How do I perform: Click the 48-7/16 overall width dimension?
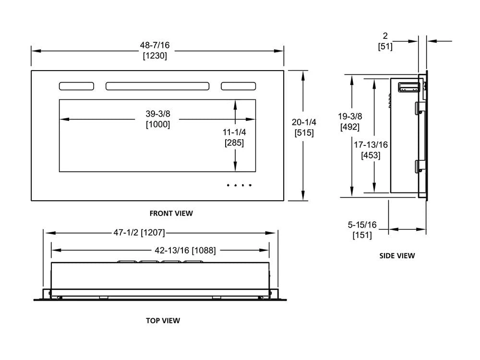(155, 45)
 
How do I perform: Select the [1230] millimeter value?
(155, 56)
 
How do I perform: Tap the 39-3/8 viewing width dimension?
(158, 114)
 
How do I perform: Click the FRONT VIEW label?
(171, 213)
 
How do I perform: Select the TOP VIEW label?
(163, 320)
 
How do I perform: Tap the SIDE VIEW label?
(397, 256)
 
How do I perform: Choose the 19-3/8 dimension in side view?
(349, 116)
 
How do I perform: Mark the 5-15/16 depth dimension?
(362, 224)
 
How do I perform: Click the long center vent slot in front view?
(157, 86)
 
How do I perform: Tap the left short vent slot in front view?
(76, 86)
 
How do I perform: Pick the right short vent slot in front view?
(238, 86)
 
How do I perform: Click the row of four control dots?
(239, 185)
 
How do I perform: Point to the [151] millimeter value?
(362, 235)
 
